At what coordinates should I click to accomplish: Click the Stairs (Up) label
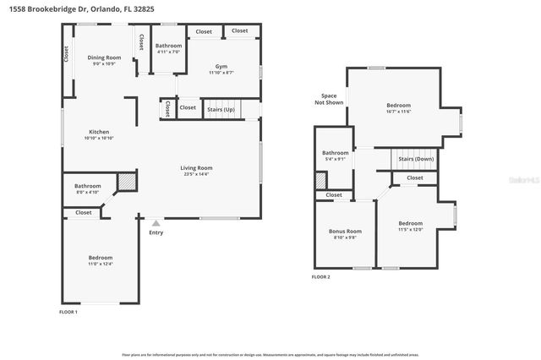[221, 109]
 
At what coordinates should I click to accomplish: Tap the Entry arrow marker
[155, 223]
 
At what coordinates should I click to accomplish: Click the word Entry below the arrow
[156, 232]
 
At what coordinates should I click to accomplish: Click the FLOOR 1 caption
[68, 313]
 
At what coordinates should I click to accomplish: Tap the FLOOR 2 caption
[320, 276]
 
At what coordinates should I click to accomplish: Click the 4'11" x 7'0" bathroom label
[169, 49]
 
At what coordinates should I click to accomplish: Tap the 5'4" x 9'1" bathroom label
[336, 156]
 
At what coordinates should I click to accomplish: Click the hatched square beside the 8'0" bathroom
[126, 181]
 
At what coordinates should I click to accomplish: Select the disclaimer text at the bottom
[270, 355]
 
